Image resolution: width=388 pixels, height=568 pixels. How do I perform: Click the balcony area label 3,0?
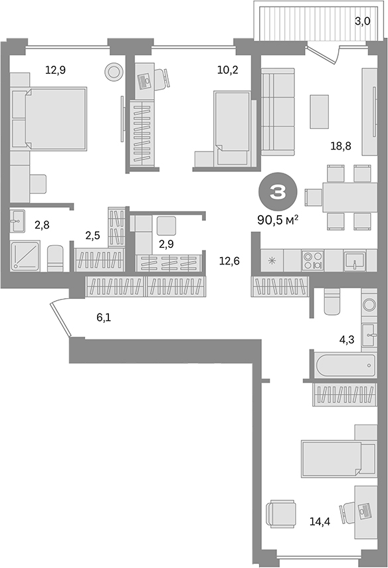pyautogui.click(x=361, y=21)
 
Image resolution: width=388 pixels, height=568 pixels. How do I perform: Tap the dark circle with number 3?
pyautogui.click(x=276, y=193)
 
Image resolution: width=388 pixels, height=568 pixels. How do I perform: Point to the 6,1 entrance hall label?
pyautogui.click(x=104, y=318)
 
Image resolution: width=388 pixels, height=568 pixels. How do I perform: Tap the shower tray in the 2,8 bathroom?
pyautogui.click(x=27, y=256)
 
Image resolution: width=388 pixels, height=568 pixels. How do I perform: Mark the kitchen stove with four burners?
pyautogui.click(x=312, y=259)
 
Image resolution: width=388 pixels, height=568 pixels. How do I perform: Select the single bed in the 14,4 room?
pyautogui.click(x=332, y=458)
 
